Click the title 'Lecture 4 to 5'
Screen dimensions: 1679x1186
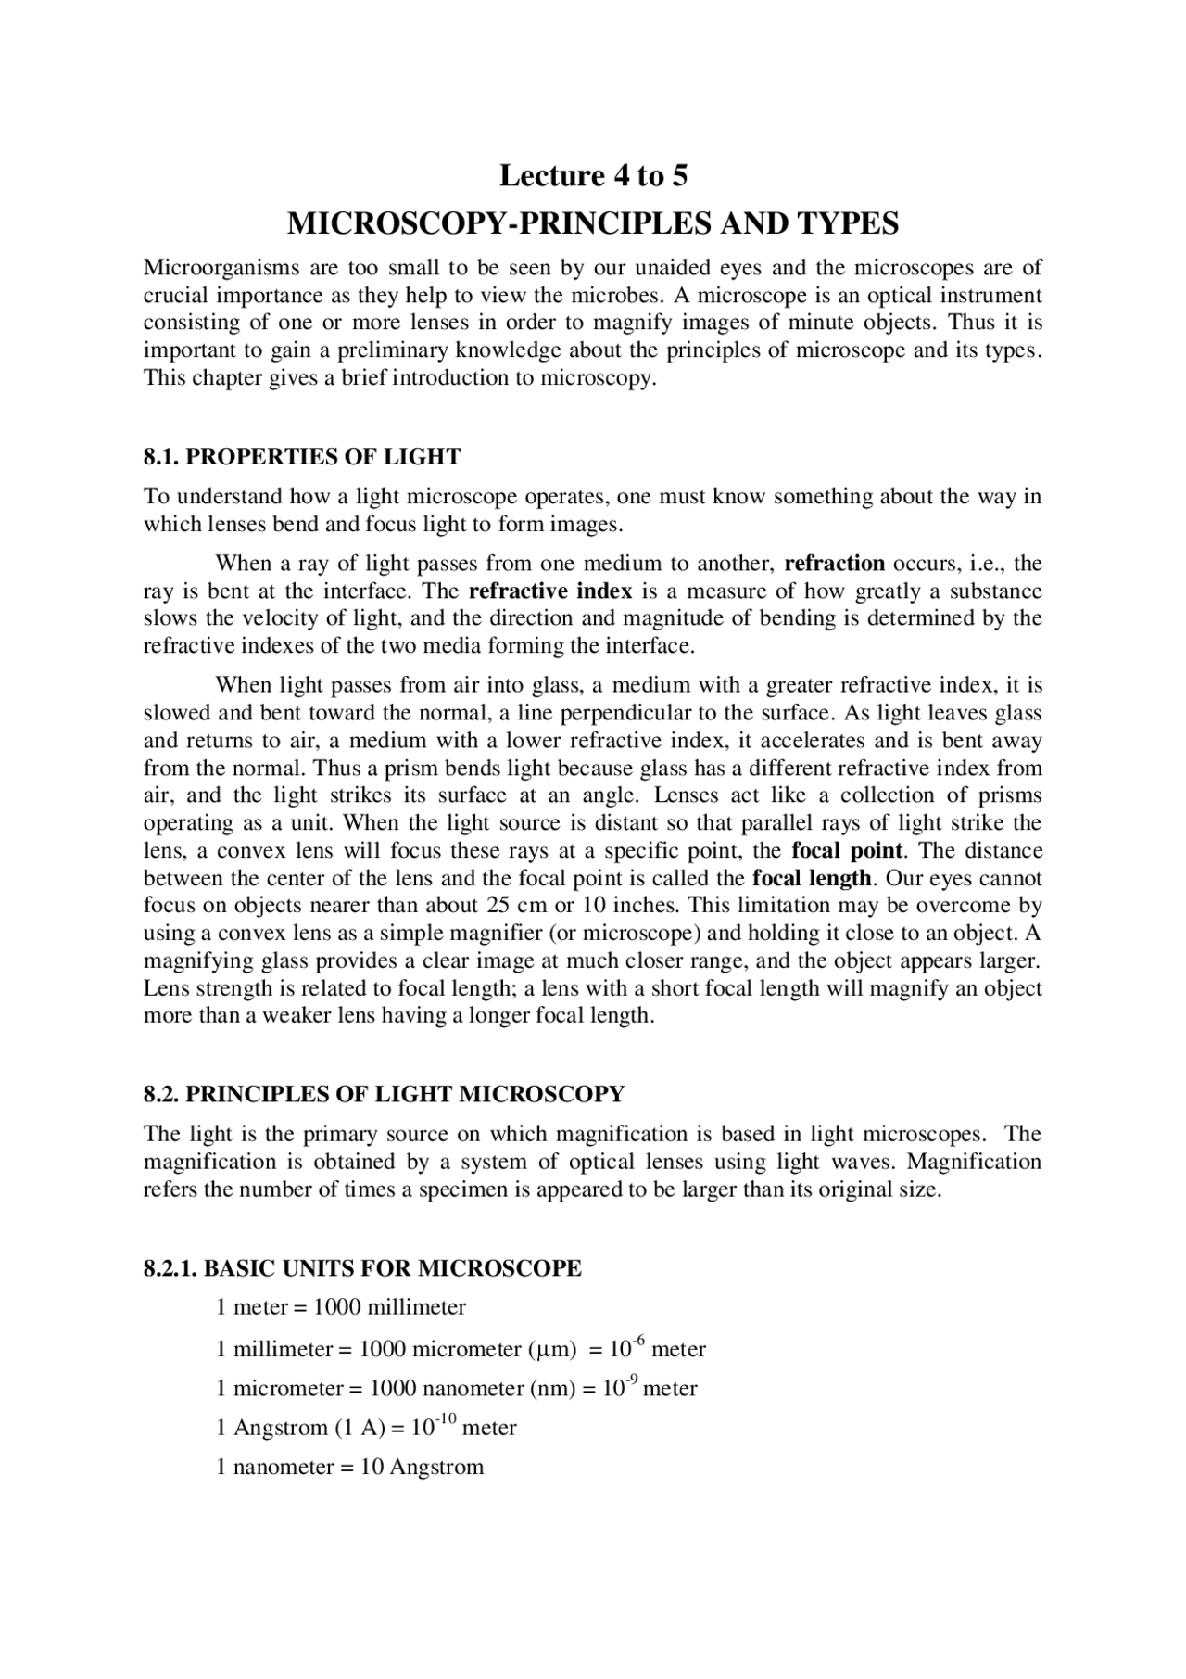coord(593,175)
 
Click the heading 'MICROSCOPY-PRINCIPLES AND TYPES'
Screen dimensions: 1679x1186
coord(593,223)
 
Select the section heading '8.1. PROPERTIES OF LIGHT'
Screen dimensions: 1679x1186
coord(302,457)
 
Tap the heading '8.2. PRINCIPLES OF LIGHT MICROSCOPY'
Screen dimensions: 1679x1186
coord(384,1094)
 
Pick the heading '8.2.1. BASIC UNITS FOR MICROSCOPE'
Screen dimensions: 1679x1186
coord(362,1268)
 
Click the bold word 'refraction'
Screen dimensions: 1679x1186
coord(835,564)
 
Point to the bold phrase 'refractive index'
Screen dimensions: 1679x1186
coord(550,591)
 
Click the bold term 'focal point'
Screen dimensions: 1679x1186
coord(846,851)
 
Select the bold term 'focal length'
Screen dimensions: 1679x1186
coord(812,878)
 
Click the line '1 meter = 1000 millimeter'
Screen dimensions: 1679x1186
coord(340,1307)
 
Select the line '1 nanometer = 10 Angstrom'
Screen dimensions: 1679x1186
coord(349,1468)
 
